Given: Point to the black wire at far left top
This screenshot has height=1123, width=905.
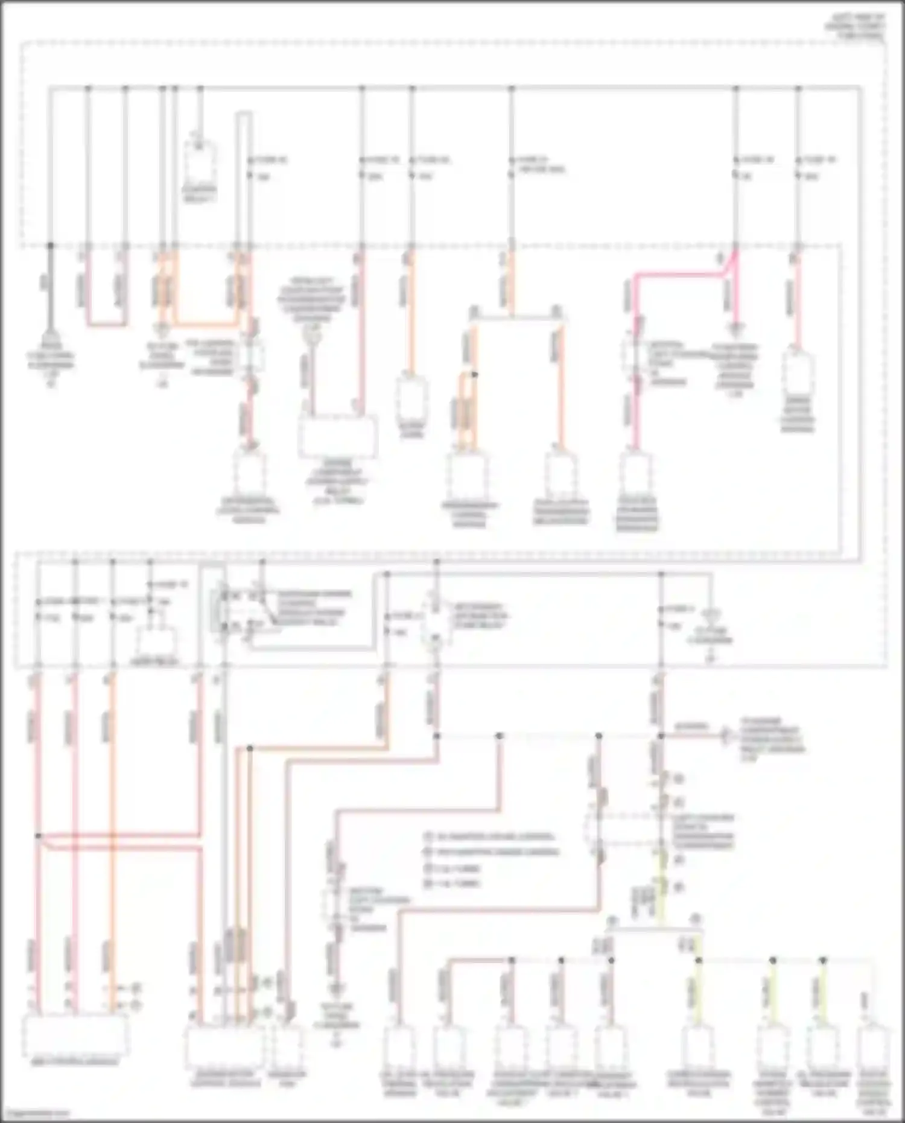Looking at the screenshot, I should coord(51,290).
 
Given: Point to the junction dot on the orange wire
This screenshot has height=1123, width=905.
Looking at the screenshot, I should coord(475,375).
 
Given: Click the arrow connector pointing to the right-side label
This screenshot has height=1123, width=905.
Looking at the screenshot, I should coord(727,736).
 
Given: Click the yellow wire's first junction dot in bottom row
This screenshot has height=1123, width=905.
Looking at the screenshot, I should coord(699,959).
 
